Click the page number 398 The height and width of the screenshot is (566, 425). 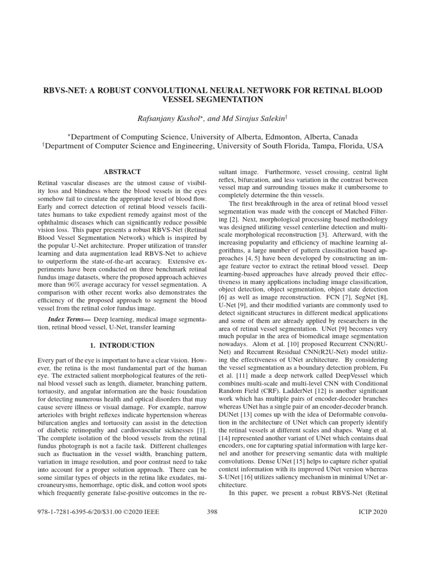[212, 512]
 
